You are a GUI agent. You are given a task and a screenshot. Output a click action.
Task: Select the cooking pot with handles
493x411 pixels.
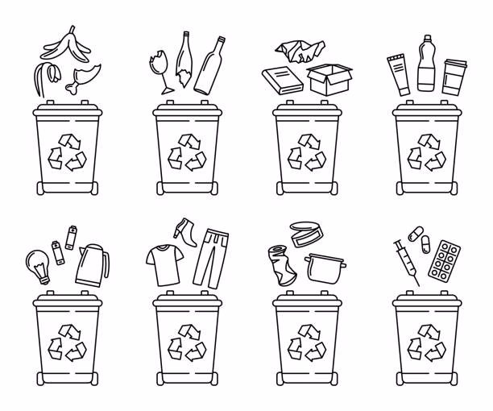(x=326, y=269)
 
